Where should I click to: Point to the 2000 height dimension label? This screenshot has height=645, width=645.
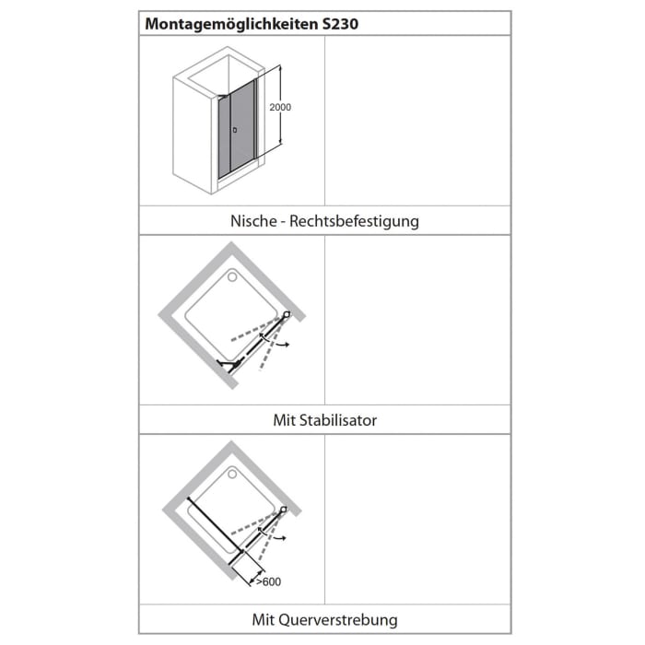click(x=280, y=108)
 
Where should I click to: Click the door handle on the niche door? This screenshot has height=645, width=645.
click(x=235, y=130)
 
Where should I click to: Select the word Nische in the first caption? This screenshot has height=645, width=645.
click(x=253, y=221)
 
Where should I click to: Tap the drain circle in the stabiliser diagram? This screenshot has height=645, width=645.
click(x=232, y=275)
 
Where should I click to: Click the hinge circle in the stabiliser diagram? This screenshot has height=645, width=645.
click(x=287, y=315)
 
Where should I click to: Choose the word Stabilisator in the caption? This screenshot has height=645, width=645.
click(x=337, y=420)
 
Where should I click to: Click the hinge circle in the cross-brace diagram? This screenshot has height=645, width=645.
click(x=285, y=510)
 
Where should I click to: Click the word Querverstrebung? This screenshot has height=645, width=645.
click(x=349, y=619)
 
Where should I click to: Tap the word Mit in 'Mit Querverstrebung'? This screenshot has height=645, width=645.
click(x=264, y=619)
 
